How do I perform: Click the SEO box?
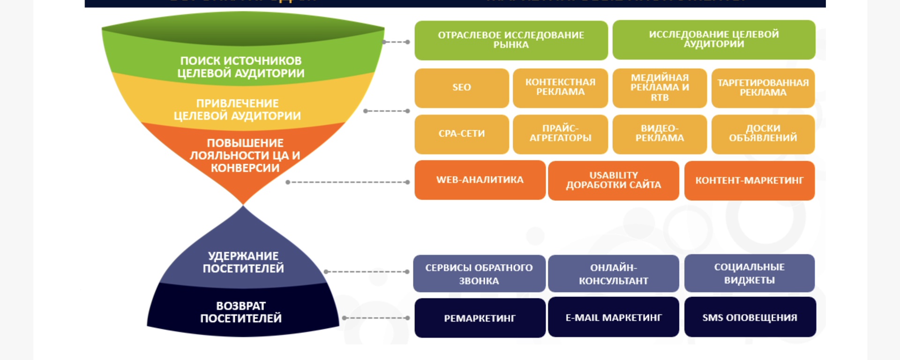(461, 88)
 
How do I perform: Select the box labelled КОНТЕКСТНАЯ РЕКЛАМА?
(560, 88)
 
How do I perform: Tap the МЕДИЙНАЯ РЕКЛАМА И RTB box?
(659, 88)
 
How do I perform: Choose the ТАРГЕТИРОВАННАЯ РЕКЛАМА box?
(763, 88)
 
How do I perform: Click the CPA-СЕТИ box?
(461, 134)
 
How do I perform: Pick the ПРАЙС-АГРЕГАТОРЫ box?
(560, 134)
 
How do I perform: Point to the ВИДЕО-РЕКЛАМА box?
(659, 134)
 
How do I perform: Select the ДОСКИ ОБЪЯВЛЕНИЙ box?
(763, 134)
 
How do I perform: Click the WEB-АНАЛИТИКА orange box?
(480, 180)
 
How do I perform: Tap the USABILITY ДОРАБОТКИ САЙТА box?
(613, 180)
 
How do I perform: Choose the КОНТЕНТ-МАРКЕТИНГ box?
(749, 180)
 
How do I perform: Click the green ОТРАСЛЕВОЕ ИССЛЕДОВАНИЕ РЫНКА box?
(511, 40)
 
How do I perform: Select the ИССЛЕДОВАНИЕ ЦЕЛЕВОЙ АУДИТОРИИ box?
(713, 39)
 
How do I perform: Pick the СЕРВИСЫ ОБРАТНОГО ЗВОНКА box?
(479, 274)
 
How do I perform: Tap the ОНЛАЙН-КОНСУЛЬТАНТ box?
(613, 274)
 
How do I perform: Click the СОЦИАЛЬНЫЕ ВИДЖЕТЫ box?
(749, 273)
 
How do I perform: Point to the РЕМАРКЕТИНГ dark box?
(480, 318)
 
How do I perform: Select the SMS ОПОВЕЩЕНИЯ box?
(750, 317)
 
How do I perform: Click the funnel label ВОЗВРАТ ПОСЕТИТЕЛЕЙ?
(241, 312)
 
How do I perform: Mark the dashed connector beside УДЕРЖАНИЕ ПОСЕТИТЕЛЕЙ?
(367, 272)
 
